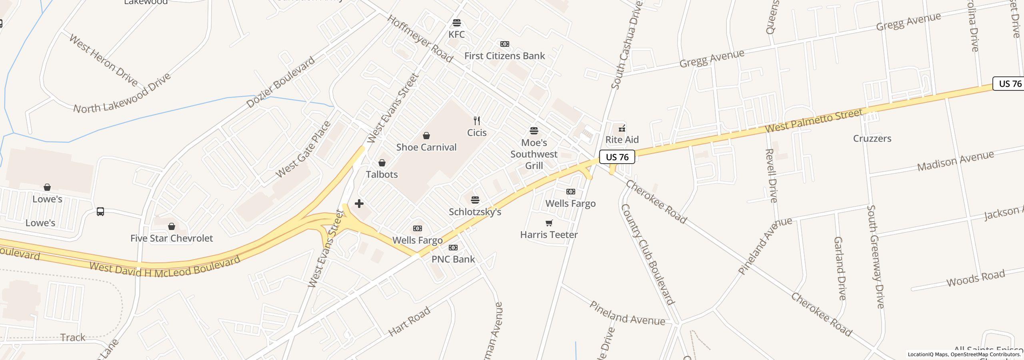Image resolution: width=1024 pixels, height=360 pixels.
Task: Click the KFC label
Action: click(456, 34)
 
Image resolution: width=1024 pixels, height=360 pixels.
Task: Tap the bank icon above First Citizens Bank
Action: click(504, 44)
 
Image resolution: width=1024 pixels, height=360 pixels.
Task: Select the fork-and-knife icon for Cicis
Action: click(476, 120)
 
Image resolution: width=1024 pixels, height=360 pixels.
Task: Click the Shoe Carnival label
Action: click(426, 147)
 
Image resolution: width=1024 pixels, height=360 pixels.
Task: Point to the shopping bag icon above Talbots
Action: click(382, 163)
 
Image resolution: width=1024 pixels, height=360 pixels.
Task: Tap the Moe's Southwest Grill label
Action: click(534, 154)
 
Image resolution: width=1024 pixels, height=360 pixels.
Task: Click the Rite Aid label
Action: click(622, 140)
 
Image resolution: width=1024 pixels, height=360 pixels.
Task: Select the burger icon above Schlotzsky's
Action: click(475, 200)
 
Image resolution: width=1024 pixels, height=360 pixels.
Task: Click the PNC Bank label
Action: click(453, 259)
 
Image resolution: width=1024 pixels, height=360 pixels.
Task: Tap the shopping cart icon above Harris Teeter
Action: click(549, 223)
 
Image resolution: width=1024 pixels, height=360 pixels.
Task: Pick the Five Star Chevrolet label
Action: click(172, 238)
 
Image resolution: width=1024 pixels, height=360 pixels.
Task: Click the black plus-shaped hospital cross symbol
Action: click(359, 204)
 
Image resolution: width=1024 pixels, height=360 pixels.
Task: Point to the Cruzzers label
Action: click(872, 138)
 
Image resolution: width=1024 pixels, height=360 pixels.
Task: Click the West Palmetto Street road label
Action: click(814, 121)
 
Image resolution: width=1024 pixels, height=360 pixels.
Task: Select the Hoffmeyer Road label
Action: click(420, 39)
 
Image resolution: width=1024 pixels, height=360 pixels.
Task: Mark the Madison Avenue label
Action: click(955, 161)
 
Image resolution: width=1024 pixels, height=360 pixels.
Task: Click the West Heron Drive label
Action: click(103, 60)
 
